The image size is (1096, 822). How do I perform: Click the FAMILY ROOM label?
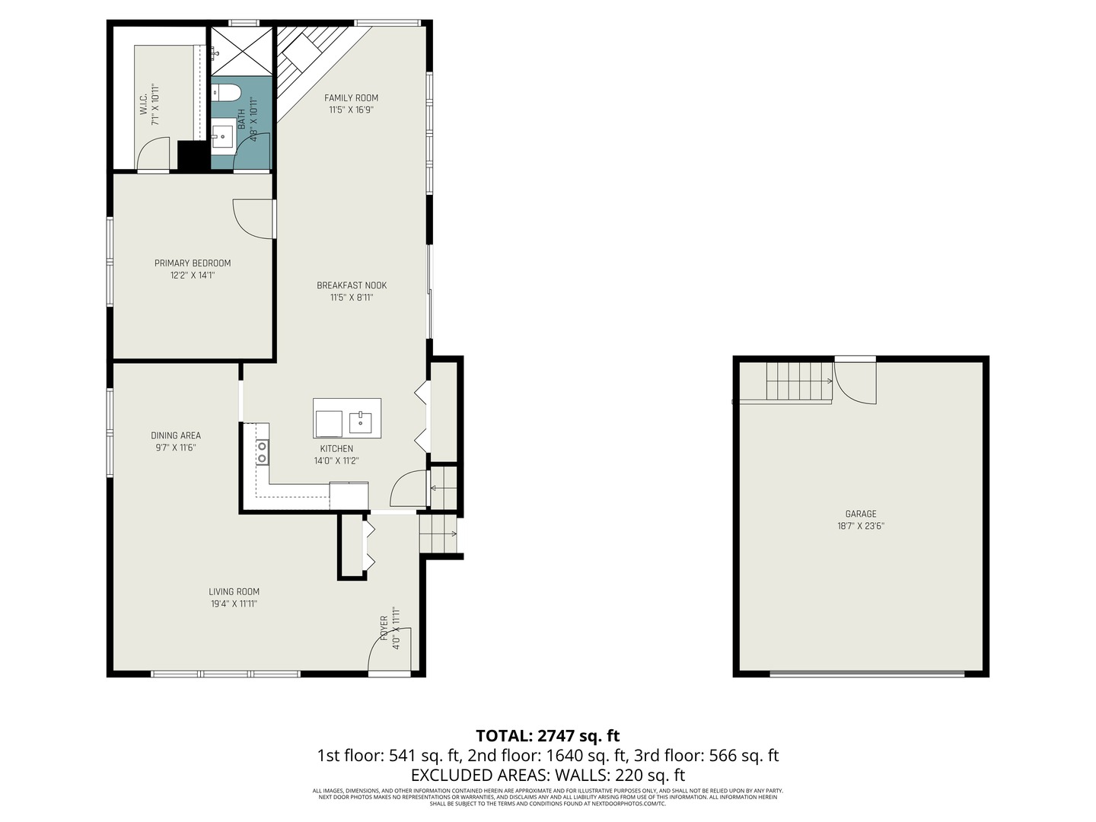(x=351, y=97)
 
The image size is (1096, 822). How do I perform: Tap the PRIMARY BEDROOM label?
(x=193, y=263)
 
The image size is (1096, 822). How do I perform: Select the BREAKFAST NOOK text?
(x=352, y=285)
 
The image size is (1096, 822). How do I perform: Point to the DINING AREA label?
(x=176, y=436)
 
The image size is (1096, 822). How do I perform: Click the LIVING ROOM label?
(x=234, y=591)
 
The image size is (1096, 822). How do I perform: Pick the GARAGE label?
(x=861, y=514)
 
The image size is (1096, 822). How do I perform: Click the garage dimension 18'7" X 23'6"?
(x=861, y=526)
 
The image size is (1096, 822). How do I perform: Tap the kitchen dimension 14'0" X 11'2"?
(x=336, y=460)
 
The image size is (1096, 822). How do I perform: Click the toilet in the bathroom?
(x=226, y=94)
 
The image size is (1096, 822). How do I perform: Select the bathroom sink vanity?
(x=222, y=136)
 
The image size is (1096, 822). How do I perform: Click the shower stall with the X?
(x=241, y=51)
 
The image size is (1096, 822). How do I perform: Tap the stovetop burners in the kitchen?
(x=263, y=451)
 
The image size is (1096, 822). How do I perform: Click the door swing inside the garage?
(x=856, y=383)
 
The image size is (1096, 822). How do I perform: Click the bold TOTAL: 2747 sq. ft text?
(x=547, y=736)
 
